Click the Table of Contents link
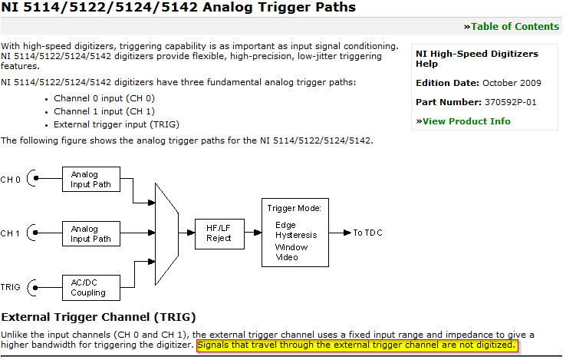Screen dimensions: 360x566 tap(515, 27)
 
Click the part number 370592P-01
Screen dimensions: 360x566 tap(512, 102)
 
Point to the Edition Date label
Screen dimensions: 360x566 tap(448, 83)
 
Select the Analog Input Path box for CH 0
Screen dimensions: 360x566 tap(90, 179)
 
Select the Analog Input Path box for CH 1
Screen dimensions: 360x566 tap(90, 233)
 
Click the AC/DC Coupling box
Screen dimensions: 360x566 tap(90, 287)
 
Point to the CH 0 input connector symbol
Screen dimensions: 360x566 tap(31, 179)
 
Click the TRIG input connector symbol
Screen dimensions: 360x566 tap(31, 287)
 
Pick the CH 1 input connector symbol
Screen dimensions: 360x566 tap(31, 233)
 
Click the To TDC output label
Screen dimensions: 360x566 tap(369, 233)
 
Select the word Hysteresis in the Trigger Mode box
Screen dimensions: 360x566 tap(296, 236)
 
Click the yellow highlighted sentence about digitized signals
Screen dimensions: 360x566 tap(356, 346)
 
